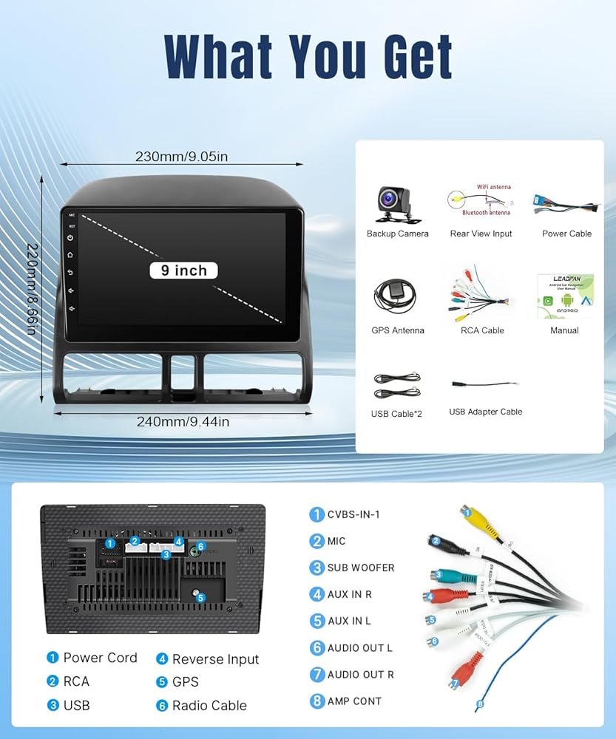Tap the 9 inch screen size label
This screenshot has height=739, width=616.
pyautogui.click(x=183, y=270)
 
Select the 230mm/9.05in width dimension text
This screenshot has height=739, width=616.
pyautogui.click(x=181, y=157)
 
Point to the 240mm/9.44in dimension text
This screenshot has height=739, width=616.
pyautogui.click(x=183, y=422)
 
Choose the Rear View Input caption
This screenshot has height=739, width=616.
pyautogui.click(x=481, y=234)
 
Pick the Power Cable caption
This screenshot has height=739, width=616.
pyautogui.click(x=566, y=234)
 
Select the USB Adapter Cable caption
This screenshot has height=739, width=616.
pyautogui.click(x=485, y=412)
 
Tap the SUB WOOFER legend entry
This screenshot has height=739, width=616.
pyautogui.click(x=360, y=568)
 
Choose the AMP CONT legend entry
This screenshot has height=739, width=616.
pyautogui.click(x=354, y=701)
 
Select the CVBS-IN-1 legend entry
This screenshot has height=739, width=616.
pyautogui.click(x=353, y=514)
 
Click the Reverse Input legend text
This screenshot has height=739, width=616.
pyautogui.click(x=215, y=659)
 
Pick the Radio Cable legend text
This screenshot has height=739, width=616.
pyautogui.click(x=209, y=706)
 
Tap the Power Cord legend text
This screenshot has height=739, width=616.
pyautogui.click(x=100, y=658)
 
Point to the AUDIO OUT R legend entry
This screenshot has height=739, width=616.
pyautogui.click(x=360, y=674)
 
